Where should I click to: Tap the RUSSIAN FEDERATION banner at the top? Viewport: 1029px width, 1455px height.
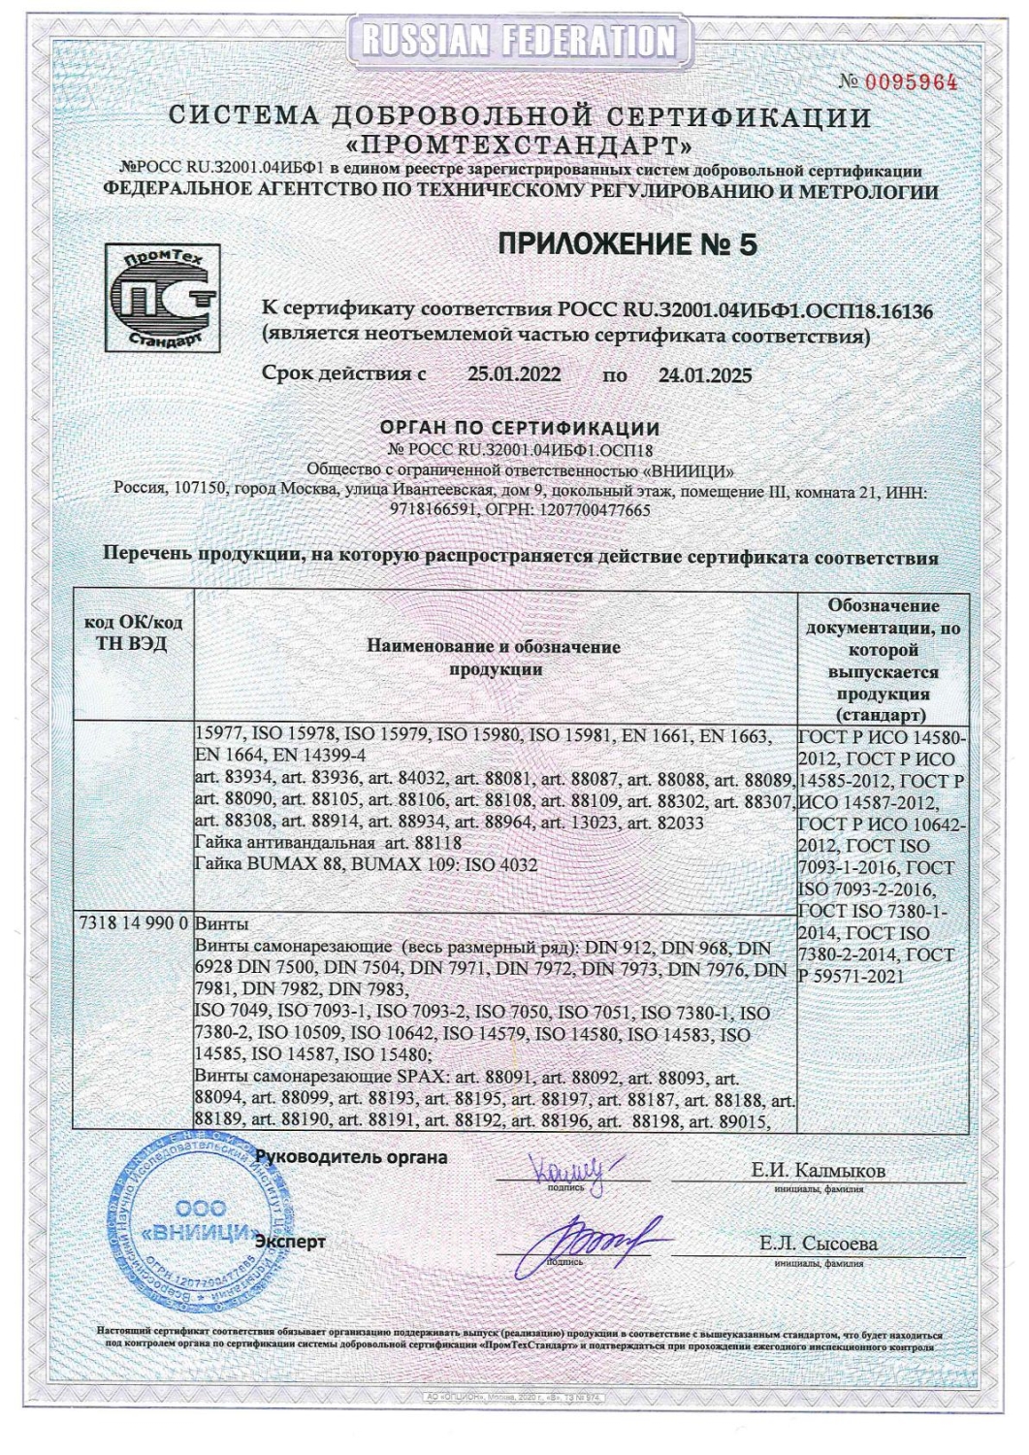click(x=514, y=41)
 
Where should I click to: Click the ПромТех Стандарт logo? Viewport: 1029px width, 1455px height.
click(x=160, y=298)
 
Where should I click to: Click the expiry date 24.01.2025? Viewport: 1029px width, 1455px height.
click(x=705, y=374)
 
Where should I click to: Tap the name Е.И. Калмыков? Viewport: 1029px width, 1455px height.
click(x=819, y=1171)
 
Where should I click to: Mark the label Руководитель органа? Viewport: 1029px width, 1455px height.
click(x=350, y=1156)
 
